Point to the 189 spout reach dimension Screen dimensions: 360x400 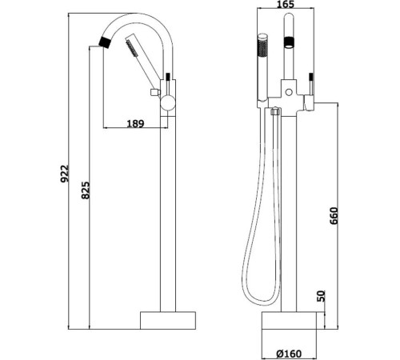point(137,123)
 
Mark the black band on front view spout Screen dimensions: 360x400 point(290,40)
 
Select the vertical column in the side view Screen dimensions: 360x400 point(166,208)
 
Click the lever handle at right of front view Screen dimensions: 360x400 point(311,86)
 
